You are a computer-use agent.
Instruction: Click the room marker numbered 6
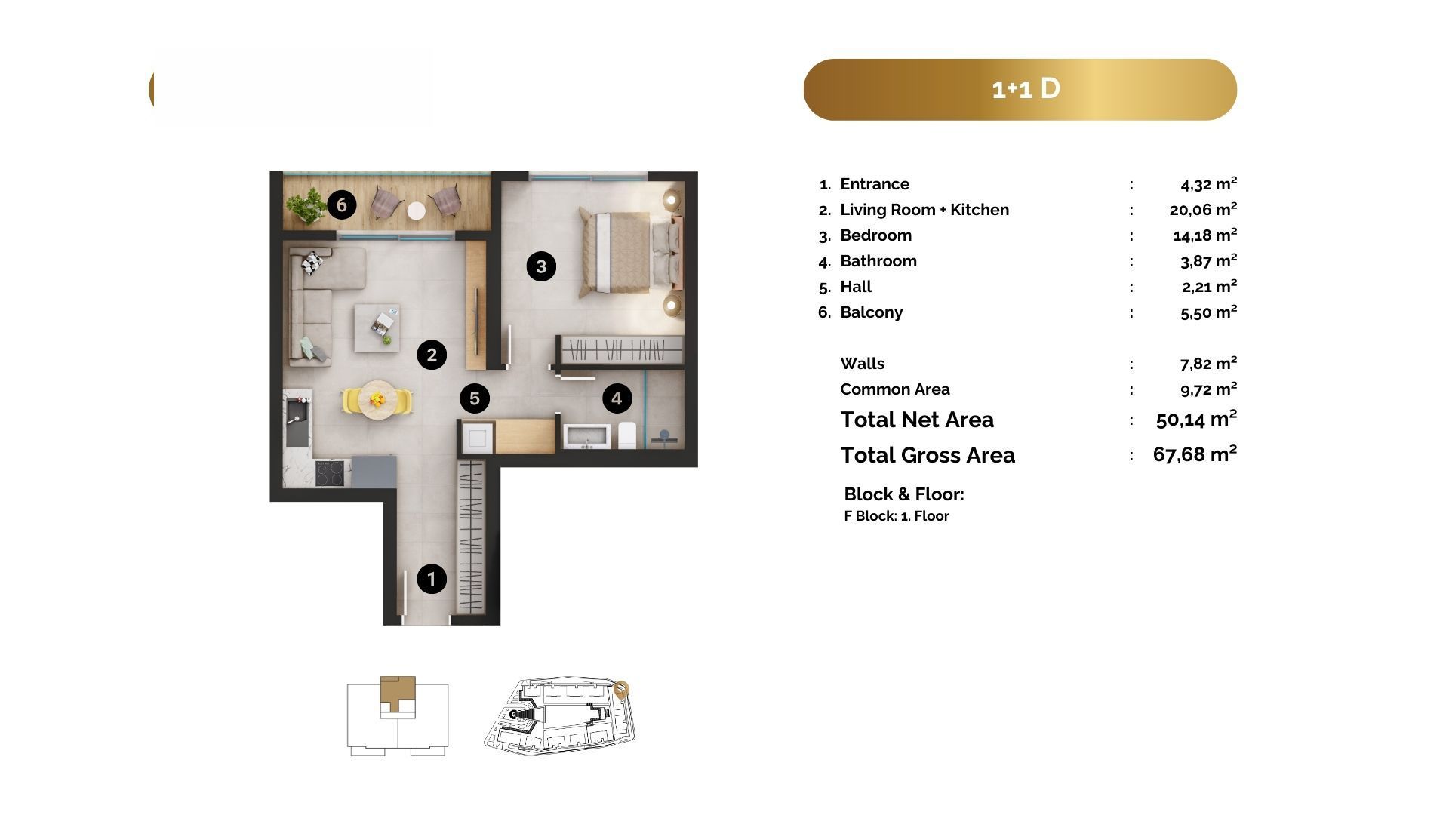point(342,205)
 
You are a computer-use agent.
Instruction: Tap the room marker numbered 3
point(541,266)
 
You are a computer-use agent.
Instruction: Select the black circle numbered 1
point(432,579)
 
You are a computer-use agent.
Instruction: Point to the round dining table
point(377,400)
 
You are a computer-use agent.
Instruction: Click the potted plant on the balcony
point(306,205)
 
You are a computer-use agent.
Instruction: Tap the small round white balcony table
point(417,211)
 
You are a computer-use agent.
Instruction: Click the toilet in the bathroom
point(627,435)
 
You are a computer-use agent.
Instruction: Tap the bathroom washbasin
point(586,437)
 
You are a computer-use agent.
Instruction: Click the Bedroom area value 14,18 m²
point(1204,235)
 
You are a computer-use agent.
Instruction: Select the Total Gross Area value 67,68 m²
point(1195,454)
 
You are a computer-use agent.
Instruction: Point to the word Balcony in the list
point(871,312)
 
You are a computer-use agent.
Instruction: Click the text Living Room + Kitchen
point(924,210)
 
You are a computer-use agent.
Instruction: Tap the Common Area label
point(895,389)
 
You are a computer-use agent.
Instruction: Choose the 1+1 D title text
point(1026,89)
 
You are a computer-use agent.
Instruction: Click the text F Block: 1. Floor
point(897,516)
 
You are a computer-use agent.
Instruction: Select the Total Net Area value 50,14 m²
point(1196,419)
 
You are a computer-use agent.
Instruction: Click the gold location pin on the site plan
point(620,690)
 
